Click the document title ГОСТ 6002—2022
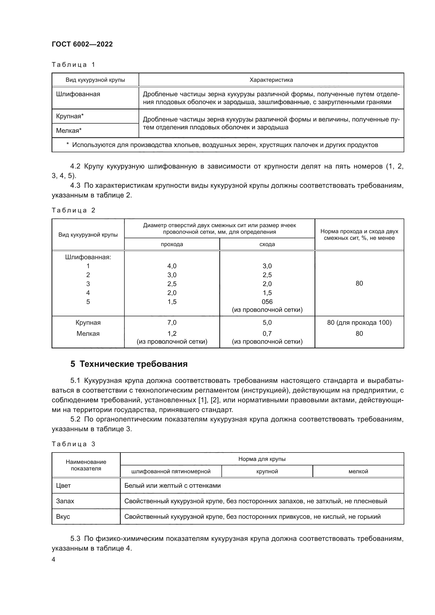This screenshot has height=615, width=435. point(82,44)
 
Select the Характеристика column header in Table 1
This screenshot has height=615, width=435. point(271,80)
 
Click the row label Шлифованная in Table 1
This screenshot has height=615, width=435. point(78,94)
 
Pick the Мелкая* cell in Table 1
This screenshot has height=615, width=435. point(69,130)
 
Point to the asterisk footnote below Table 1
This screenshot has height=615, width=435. point(222,145)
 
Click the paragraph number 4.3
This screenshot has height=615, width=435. point(75,185)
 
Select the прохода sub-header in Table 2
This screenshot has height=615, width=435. point(172,244)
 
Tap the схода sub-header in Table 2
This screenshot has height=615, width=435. point(267,244)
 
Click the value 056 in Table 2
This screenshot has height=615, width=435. point(267,302)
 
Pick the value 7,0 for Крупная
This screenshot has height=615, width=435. point(172,323)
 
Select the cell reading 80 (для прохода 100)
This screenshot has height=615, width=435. point(359,323)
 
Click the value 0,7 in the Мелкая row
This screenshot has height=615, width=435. point(267,333)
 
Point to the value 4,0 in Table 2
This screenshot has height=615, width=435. point(172,266)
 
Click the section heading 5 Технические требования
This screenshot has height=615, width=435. point(129,364)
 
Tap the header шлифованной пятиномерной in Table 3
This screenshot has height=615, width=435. point(171,471)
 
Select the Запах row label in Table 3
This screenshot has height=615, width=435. point(65,501)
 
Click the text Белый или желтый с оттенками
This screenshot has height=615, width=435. point(173,486)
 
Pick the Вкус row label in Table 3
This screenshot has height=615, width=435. point(63,516)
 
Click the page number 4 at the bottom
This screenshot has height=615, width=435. point(54,559)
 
